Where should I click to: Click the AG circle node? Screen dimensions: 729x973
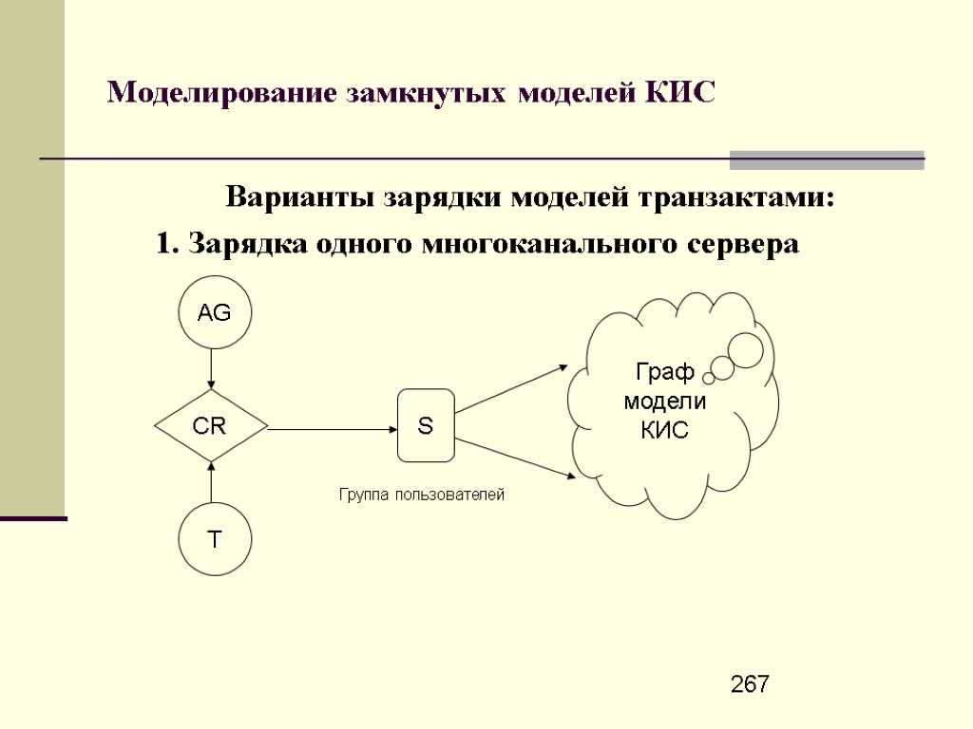(x=215, y=312)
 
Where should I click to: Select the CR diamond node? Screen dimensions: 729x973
(x=211, y=427)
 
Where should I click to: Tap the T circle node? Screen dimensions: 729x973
(x=215, y=539)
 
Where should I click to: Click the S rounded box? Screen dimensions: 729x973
(x=426, y=426)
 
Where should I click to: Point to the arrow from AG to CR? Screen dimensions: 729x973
(x=212, y=367)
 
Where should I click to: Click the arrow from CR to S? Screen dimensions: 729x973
(x=333, y=428)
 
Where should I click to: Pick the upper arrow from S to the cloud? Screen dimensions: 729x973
(x=513, y=388)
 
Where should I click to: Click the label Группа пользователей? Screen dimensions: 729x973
(x=422, y=495)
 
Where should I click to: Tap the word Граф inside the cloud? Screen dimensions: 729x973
(x=665, y=372)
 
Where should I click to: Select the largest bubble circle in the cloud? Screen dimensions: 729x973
(x=745, y=350)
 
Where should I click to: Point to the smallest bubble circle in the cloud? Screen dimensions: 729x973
(x=709, y=378)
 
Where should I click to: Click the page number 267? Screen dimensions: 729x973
(x=751, y=685)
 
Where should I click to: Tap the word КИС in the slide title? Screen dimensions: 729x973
(x=678, y=93)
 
